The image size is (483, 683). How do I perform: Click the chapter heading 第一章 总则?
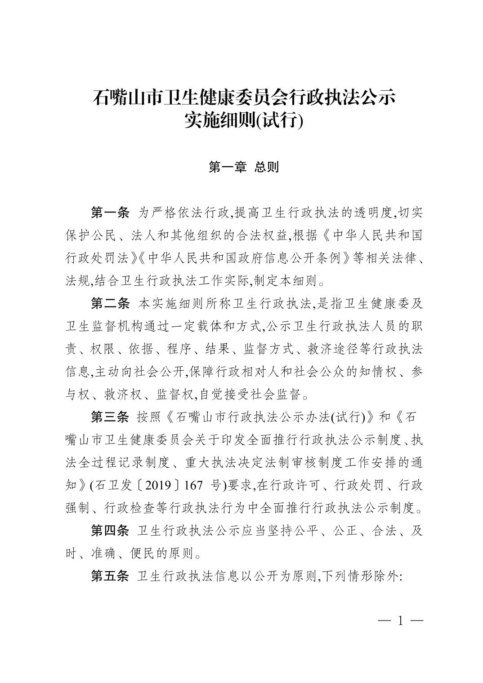coord(244,167)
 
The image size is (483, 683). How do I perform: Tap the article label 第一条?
coord(110,213)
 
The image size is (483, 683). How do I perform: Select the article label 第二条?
coord(110,304)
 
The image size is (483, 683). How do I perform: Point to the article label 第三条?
coord(110,417)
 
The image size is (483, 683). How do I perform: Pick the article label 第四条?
coord(110,531)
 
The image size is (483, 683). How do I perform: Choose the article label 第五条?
coord(110,577)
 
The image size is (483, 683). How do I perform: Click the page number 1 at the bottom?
coord(400,621)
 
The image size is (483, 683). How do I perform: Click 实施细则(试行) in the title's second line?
coord(244,120)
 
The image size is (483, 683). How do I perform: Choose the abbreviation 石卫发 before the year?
coord(116,486)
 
